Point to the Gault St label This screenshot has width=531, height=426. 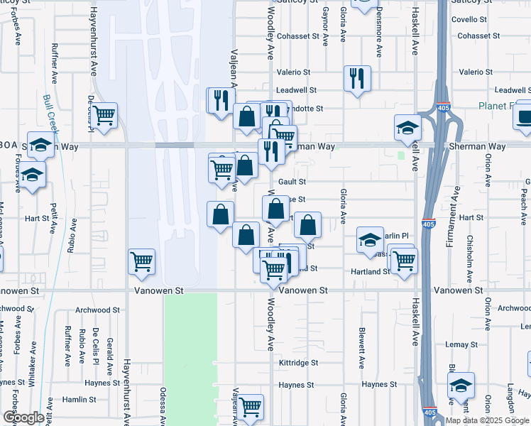(292, 182)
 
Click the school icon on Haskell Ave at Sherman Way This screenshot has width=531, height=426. (408, 128)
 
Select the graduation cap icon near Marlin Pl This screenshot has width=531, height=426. (370, 241)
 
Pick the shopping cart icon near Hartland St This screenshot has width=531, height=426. (404, 260)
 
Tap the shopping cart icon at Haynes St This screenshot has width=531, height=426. (251, 407)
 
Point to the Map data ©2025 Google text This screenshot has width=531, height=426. (486, 420)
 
